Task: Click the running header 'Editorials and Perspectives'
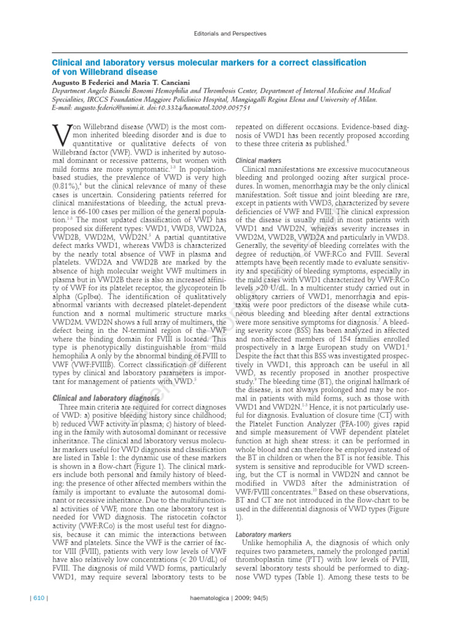pyautogui.click(x=236, y=34)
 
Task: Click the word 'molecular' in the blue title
pyautogui.click(x=200, y=63)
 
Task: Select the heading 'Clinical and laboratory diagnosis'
pyautogui.click(x=107, y=398)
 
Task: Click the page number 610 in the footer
pyautogui.click(x=35, y=599)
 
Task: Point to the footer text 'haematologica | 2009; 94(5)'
pyautogui.click(x=235, y=599)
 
